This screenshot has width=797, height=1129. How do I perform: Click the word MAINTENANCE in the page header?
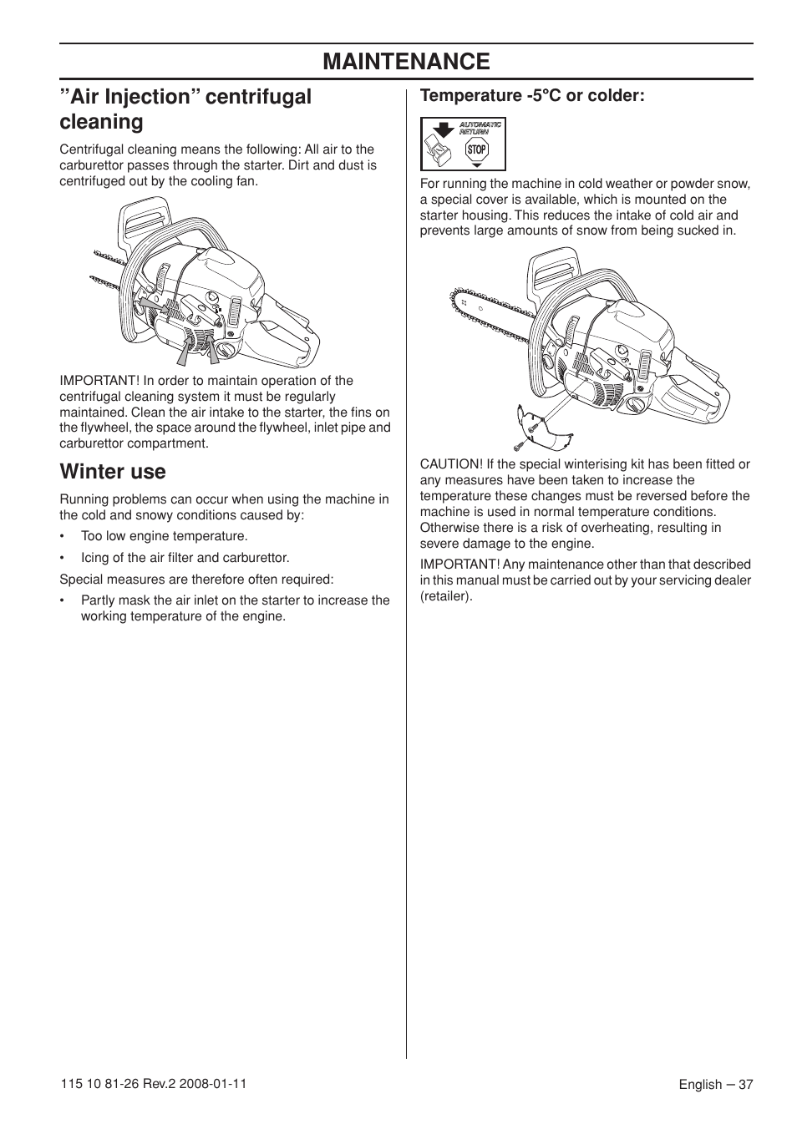[x=406, y=62]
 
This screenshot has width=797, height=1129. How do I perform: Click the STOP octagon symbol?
[x=476, y=150]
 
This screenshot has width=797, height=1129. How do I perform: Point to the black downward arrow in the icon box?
[x=444, y=129]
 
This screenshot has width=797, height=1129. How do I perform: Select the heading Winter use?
[x=113, y=472]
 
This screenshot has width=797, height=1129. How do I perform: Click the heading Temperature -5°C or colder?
[x=532, y=96]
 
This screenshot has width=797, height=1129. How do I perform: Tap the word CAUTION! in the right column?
[x=451, y=464]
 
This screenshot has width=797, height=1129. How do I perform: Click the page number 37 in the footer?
[x=745, y=1084]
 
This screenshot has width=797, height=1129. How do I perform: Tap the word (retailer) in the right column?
[x=446, y=596]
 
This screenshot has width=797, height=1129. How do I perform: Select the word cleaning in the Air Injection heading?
[x=101, y=122]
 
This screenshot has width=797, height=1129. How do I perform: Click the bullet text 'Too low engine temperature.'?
[x=164, y=536]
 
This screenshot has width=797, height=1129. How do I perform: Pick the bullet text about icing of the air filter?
[x=185, y=558]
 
